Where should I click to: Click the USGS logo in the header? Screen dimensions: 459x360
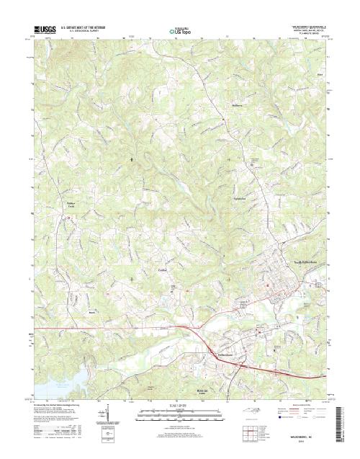tap(45, 29)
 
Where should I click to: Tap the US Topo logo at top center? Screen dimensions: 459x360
tap(180, 31)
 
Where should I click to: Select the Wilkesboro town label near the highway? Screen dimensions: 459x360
tap(225, 355)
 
